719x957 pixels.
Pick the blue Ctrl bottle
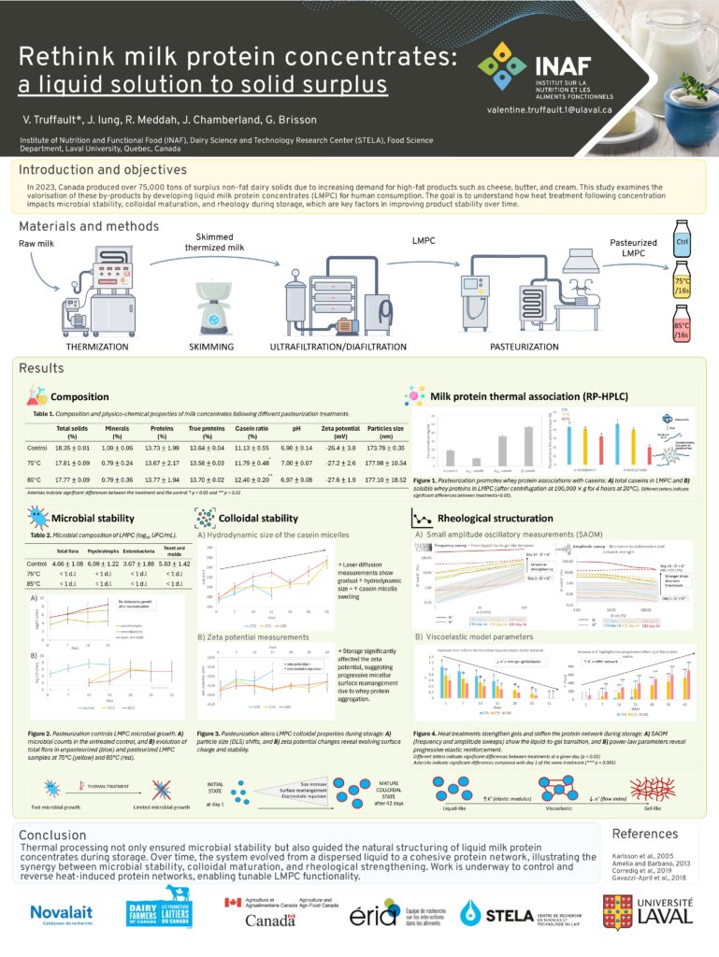pyautogui.click(x=683, y=246)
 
